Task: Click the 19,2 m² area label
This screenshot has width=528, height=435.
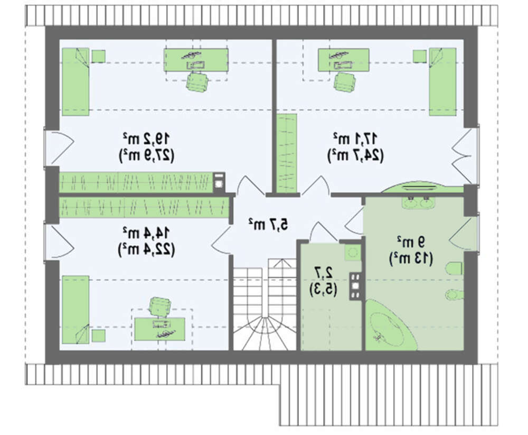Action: [x=146, y=137]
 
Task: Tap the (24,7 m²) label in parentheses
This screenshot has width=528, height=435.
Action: [x=355, y=155]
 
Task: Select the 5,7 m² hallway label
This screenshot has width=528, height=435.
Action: [x=268, y=224]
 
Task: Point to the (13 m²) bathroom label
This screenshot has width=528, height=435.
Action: [x=411, y=258]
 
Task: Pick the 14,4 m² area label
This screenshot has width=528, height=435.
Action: [x=146, y=232]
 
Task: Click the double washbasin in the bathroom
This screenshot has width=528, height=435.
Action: [x=419, y=202]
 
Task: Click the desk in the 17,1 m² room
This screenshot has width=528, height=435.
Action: [x=344, y=60]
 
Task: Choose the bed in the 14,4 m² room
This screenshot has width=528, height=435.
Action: [x=76, y=310]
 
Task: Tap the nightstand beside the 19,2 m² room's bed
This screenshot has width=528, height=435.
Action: [x=99, y=56]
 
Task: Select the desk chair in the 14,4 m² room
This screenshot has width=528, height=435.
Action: [x=159, y=306]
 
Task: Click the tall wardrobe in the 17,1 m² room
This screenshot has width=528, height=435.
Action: [x=287, y=153]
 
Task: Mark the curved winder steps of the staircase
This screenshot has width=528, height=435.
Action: [x=265, y=332]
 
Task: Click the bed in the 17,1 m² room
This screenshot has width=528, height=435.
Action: [x=442, y=81]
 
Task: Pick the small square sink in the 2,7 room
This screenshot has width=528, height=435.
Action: [x=353, y=252]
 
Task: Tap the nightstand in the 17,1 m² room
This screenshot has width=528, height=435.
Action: [x=420, y=56]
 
